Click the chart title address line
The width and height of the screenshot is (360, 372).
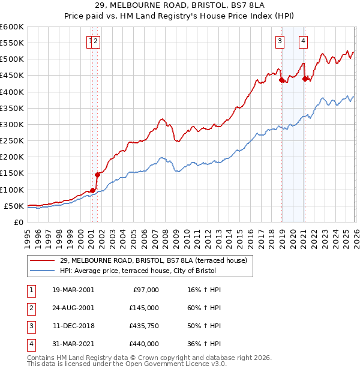tap(179, 5)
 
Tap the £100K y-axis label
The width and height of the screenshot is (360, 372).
tap(12, 190)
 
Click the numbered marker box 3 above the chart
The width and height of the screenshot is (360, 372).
tap(280, 41)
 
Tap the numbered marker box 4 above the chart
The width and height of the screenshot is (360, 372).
tap(304, 41)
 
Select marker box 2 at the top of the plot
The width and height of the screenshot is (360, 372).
tap(96, 41)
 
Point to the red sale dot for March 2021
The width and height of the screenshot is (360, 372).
tap(305, 79)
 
